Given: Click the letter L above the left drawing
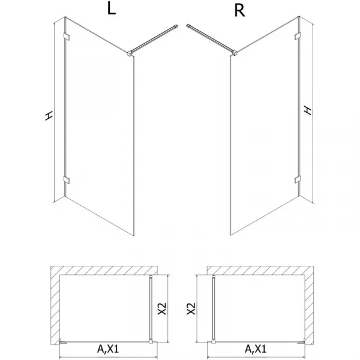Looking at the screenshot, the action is (112, 10).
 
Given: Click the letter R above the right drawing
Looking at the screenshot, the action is (239, 11).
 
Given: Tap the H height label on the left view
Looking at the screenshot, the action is (49, 116).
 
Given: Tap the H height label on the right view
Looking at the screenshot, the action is (308, 110).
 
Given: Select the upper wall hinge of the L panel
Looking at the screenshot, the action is (67, 37).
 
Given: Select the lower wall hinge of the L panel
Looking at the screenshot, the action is (67, 180).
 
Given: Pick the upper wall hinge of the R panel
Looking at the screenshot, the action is (298, 36).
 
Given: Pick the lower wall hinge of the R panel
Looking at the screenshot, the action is (298, 179).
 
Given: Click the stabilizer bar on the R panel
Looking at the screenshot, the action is (210, 38).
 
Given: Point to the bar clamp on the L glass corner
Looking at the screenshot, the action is (130, 53).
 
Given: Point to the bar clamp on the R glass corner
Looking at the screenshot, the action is (235, 53).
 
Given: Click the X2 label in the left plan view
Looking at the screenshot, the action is (163, 308).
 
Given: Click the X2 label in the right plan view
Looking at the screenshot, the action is (191, 308).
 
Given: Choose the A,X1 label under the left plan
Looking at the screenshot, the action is (108, 349).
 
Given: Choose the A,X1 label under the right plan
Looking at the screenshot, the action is (256, 349).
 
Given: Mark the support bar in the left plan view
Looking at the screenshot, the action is (151, 309).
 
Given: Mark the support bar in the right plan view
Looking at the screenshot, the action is (214, 309).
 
